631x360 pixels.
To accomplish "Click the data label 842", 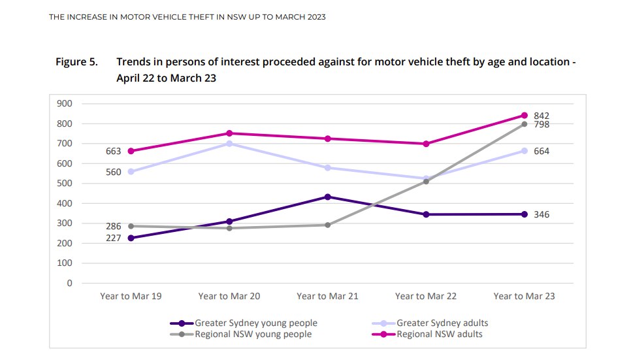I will [542, 115].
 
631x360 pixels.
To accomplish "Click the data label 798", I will [542, 124].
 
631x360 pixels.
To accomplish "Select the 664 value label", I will [542, 151].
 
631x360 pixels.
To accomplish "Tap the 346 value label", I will [542, 214].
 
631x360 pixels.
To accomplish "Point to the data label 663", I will [114, 152].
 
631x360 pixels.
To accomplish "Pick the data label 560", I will [114, 172].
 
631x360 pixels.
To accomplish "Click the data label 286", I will [114, 226].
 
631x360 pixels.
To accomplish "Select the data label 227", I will [114, 238].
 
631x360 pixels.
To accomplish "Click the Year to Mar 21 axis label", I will [327, 296].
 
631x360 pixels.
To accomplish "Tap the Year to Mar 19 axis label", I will [131, 296].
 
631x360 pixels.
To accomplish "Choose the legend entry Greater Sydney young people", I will [256, 323].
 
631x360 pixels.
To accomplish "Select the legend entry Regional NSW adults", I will [439, 334].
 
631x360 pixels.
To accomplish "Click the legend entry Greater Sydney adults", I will [442, 323].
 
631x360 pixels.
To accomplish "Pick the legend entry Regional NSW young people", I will [253, 334].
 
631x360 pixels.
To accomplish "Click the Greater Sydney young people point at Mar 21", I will [327, 197].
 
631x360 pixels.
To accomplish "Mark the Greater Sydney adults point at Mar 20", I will [229, 143].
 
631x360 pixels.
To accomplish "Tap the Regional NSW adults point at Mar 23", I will [524, 115].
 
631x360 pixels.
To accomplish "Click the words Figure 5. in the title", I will [76, 62].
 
